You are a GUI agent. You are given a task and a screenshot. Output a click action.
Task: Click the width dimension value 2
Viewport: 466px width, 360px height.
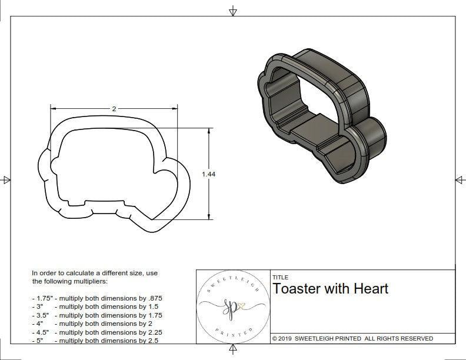pyautogui.click(x=114, y=109)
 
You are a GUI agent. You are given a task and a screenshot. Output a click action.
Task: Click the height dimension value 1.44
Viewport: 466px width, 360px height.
pyautogui.click(x=208, y=174)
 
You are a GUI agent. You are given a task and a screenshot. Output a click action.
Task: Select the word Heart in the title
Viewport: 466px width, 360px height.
pyautogui.click(x=371, y=289)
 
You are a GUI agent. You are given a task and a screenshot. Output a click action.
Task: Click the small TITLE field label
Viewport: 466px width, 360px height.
pyautogui.click(x=279, y=278)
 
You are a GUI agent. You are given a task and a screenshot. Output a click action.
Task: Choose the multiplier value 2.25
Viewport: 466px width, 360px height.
pyautogui.click(x=152, y=332)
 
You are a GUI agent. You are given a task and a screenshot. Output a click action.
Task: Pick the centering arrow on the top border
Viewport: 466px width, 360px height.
pyautogui.click(x=233, y=11)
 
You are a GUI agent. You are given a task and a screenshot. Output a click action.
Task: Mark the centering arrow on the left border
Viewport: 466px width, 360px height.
pyautogui.click(x=6, y=180)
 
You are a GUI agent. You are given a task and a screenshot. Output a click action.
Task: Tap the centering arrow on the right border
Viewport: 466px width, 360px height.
pyautogui.click(x=460, y=180)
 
